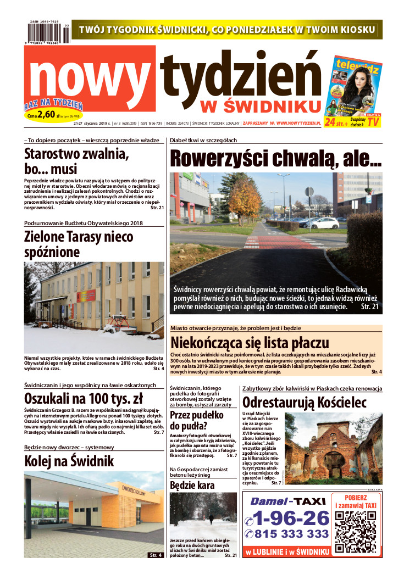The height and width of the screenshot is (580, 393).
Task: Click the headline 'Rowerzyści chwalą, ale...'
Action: pyautogui.click(x=275, y=158)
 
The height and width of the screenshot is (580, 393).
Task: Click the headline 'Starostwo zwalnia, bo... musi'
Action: pyautogui.click(x=76, y=161)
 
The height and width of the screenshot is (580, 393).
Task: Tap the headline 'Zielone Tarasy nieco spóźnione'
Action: pyautogui.click(x=79, y=244)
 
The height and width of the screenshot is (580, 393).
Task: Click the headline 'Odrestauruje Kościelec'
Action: pyautogui.click(x=304, y=402)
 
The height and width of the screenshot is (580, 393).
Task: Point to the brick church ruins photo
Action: pyautogui.click(x=335, y=448)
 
